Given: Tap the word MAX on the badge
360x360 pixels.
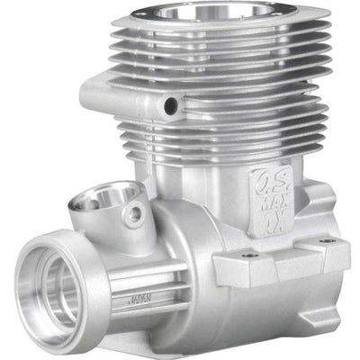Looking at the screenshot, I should coord(270,202).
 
